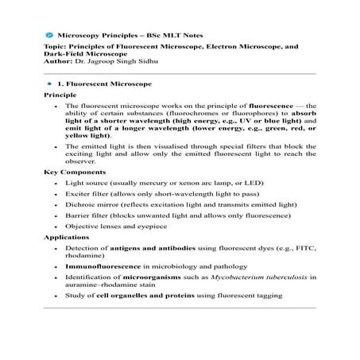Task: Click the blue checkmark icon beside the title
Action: point(49,37)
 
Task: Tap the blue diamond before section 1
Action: point(50,83)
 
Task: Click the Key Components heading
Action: point(72,172)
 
